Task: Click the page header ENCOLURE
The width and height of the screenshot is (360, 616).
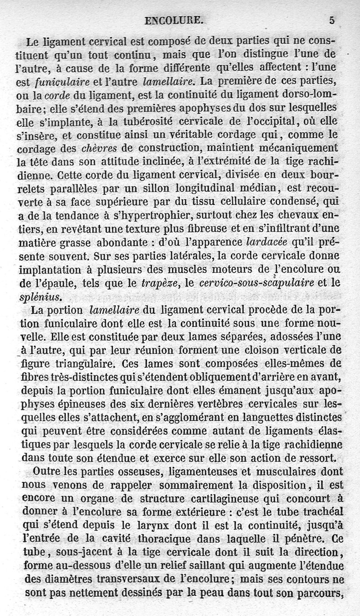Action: tap(174, 20)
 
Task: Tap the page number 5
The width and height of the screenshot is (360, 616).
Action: tap(332, 20)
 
